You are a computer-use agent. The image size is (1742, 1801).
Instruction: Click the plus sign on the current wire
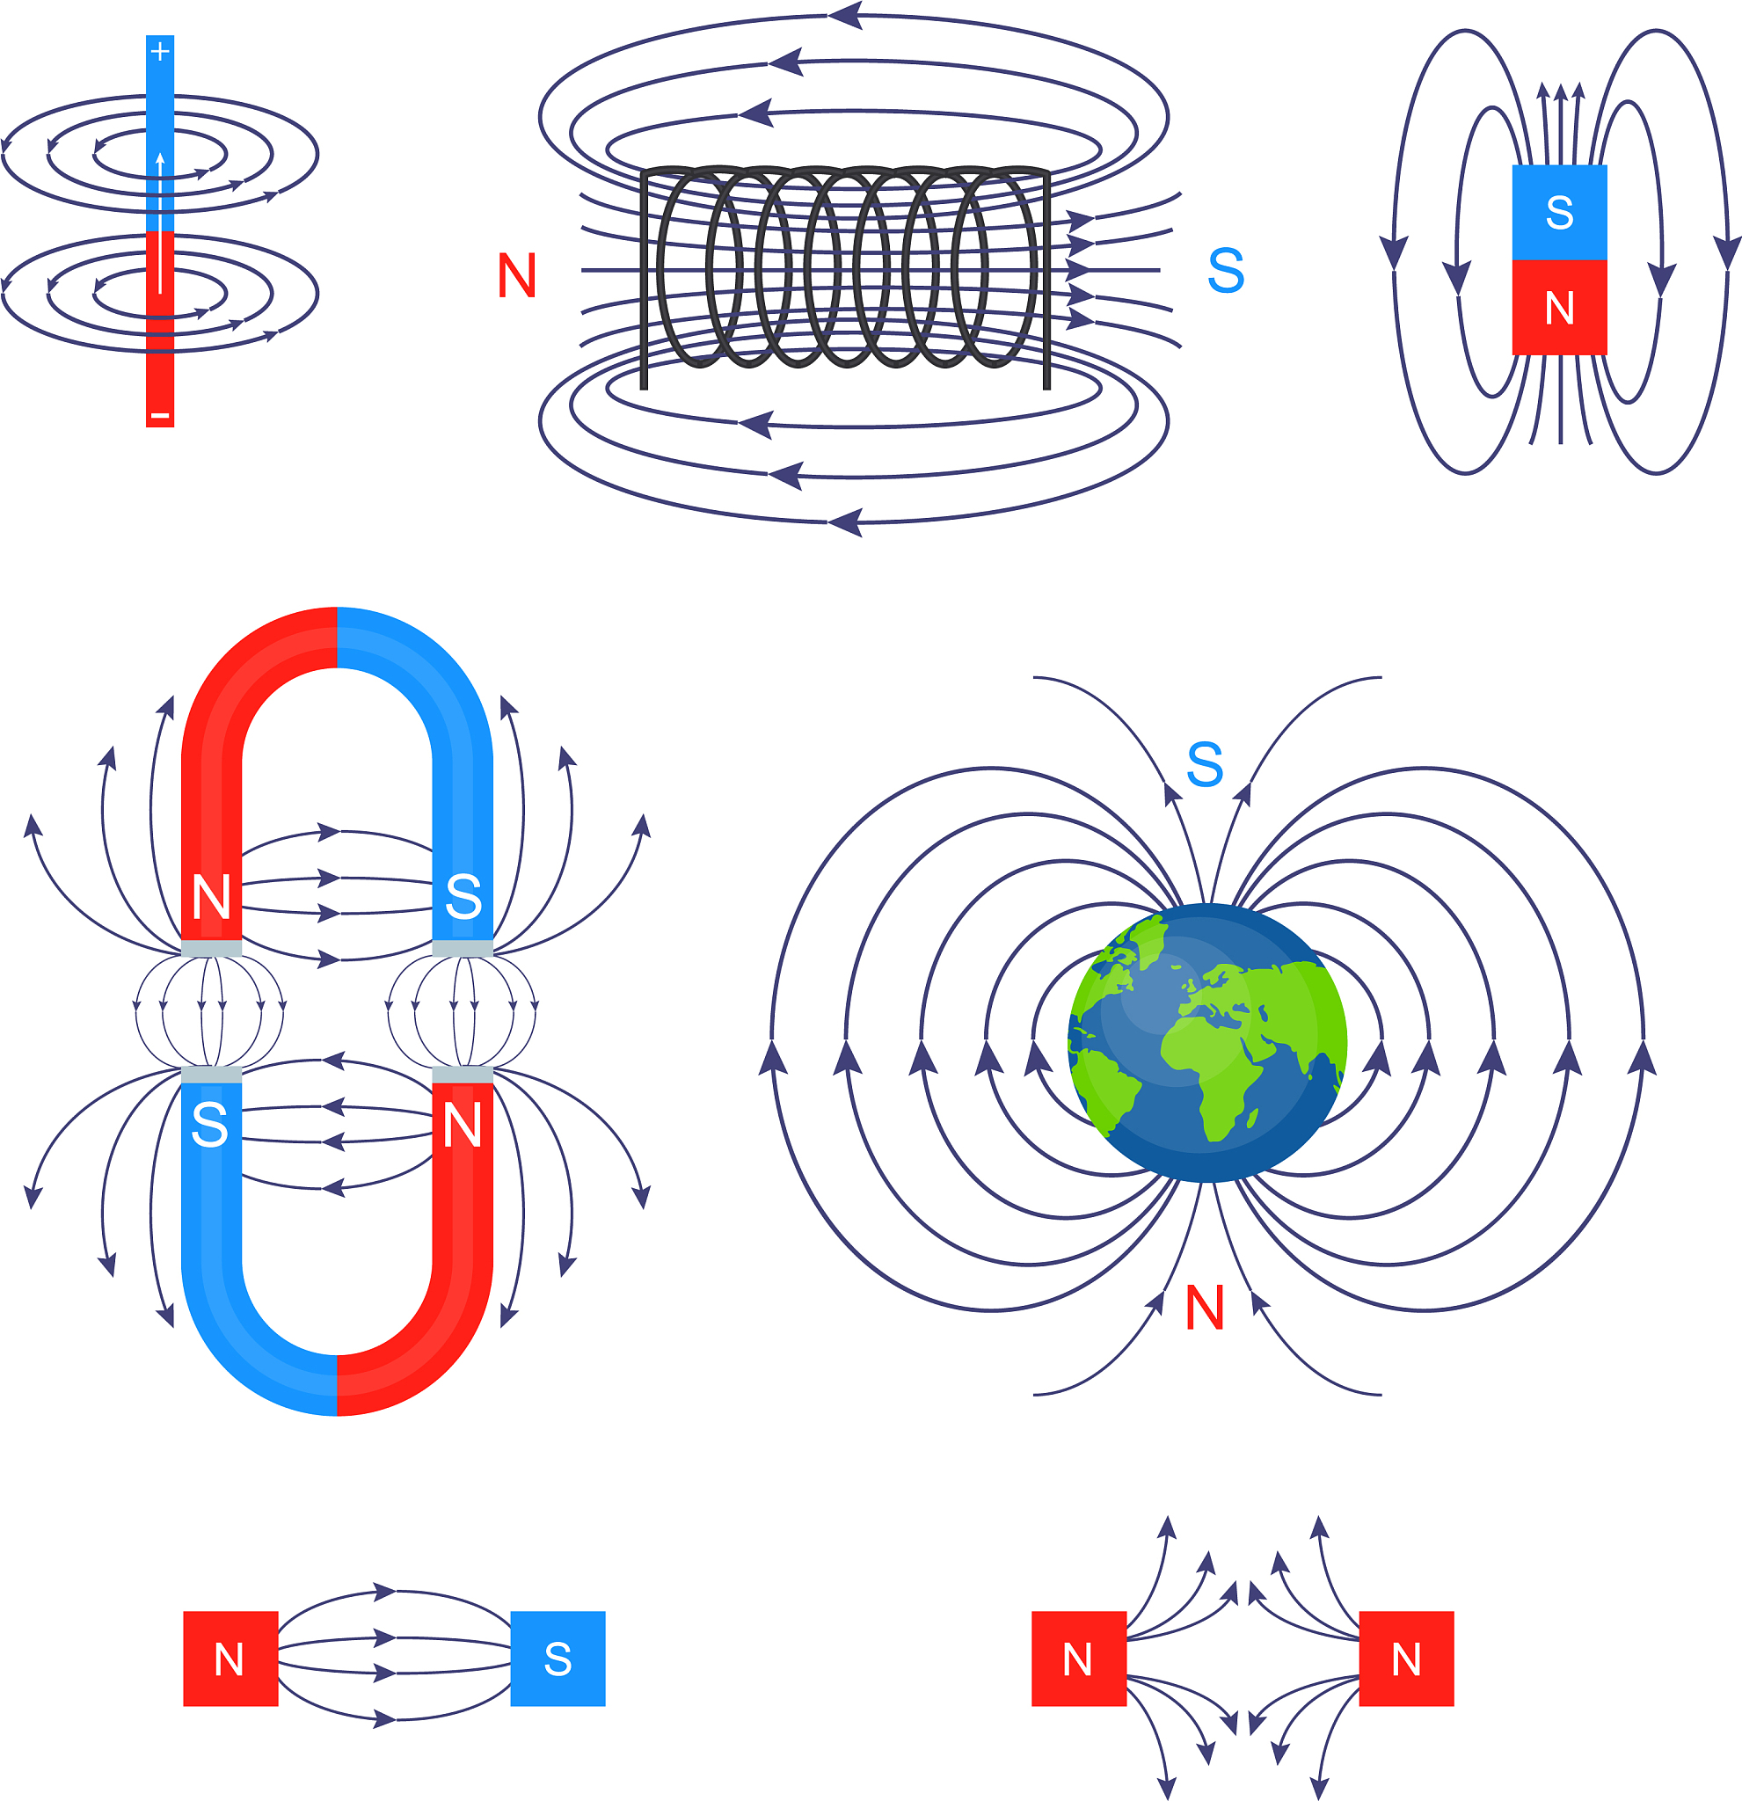point(160,52)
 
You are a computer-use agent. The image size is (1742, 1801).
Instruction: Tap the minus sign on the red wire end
point(160,416)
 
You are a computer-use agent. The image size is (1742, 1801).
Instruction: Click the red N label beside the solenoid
point(516,275)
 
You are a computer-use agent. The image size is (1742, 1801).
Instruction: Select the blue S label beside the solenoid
point(1226,271)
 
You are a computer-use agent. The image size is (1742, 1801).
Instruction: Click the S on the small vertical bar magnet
point(1559,213)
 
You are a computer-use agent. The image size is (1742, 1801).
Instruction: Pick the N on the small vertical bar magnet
point(1559,309)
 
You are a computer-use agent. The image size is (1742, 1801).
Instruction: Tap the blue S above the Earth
point(1205,764)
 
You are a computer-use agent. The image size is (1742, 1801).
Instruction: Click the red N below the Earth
point(1205,1308)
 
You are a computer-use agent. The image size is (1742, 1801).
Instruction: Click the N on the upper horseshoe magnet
point(211,898)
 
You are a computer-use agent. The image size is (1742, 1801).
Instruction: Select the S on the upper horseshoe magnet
point(463,898)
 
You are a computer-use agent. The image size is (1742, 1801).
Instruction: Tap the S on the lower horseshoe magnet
point(210,1126)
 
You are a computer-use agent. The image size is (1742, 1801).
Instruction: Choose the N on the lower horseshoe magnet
point(463,1126)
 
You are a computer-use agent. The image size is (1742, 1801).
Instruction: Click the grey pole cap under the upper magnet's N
point(211,949)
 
